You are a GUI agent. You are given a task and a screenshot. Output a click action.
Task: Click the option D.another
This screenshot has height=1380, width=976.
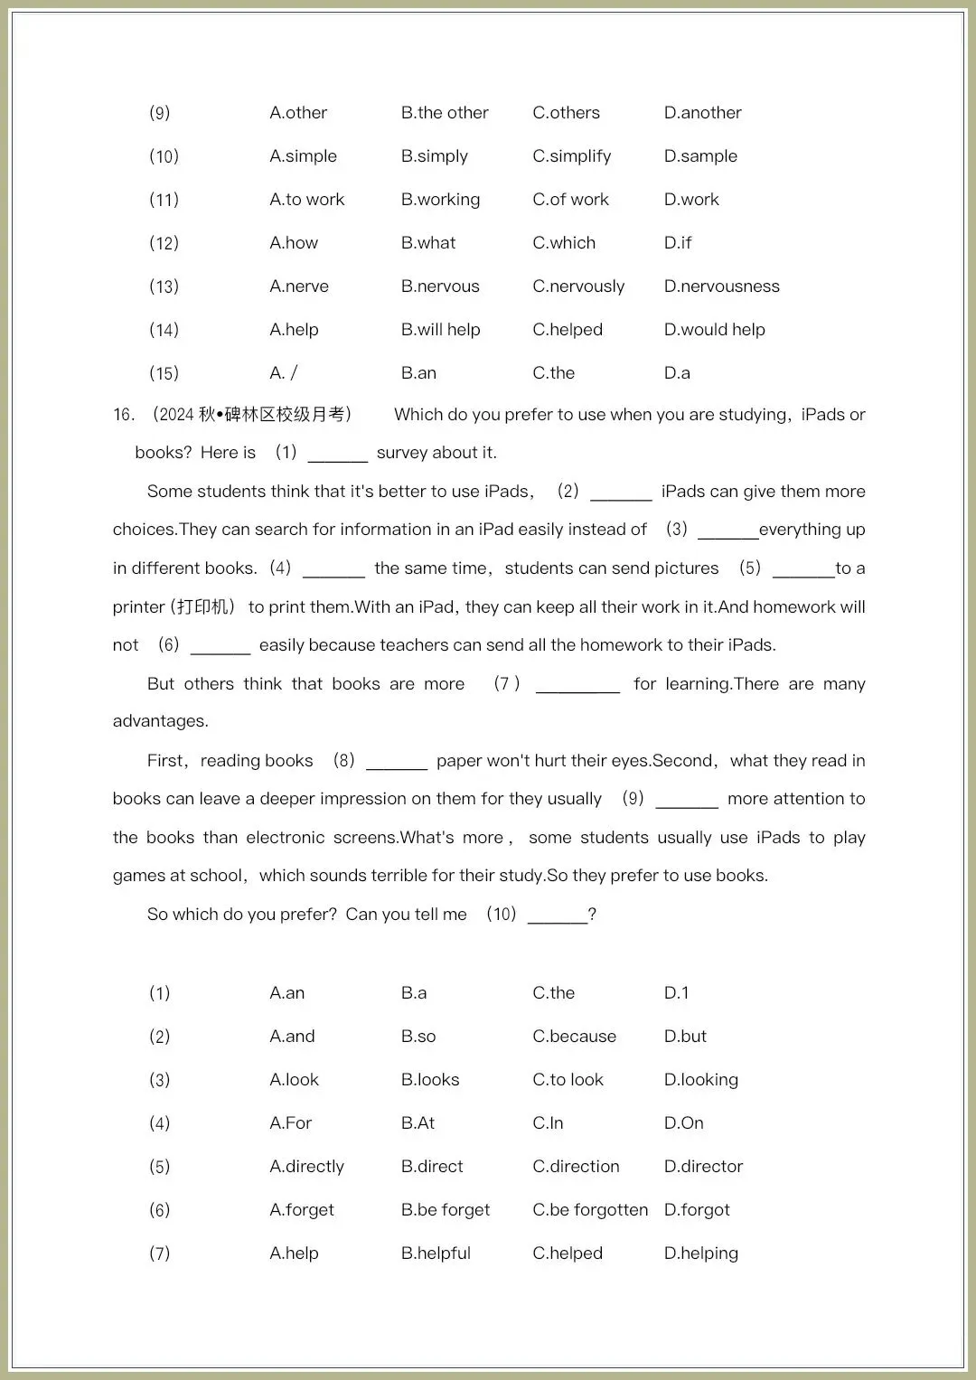(702, 113)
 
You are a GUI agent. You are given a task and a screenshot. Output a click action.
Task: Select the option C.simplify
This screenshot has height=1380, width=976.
(571, 156)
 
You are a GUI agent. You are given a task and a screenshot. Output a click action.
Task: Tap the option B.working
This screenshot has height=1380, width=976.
(440, 200)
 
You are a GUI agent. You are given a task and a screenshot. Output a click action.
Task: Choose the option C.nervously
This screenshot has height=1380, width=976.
(578, 286)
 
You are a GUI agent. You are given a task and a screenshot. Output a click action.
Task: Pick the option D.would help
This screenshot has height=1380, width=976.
(714, 330)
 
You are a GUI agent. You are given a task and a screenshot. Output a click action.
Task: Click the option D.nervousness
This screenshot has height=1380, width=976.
(721, 286)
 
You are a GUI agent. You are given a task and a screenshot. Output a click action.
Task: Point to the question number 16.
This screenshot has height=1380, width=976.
(124, 415)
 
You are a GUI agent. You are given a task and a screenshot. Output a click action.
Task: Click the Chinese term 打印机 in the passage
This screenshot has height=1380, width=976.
(205, 607)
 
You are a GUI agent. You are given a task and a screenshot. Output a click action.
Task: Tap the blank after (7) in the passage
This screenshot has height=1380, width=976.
(577, 685)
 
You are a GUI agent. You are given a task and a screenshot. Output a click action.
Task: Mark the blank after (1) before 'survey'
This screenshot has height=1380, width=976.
(337, 454)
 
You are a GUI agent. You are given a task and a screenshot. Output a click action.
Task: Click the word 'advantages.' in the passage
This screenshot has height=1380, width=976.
(161, 721)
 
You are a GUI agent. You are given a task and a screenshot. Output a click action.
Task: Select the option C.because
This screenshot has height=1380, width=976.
(574, 1037)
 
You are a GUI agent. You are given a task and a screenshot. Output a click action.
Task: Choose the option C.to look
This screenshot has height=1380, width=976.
(568, 1080)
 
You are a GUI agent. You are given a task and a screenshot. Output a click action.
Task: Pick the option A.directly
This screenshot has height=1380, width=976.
(306, 1167)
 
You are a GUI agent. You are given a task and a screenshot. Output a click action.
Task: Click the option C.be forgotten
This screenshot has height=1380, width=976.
(590, 1210)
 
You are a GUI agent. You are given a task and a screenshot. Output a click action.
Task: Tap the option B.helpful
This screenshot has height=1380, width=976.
(436, 1253)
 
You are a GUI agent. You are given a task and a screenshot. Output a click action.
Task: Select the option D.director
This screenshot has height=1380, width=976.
(703, 1167)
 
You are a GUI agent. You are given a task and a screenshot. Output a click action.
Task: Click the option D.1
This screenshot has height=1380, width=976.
(676, 993)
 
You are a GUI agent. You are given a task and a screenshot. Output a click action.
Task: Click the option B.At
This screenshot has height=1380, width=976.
(418, 1123)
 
